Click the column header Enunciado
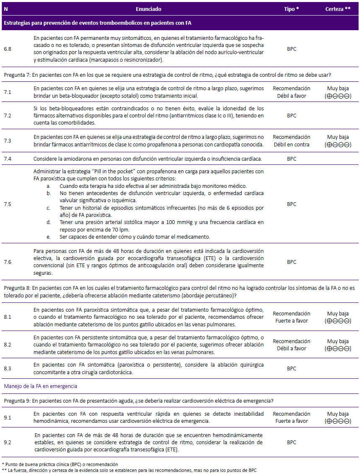[x=149, y=9]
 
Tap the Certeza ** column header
[x=338, y=9]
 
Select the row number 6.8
[x=8, y=49]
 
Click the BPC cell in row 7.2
[x=292, y=115]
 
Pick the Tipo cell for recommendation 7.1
[x=292, y=92]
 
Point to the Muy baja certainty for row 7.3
[x=338, y=137]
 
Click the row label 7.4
[x=8, y=159]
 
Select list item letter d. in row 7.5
[x=49, y=222]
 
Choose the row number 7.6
[x=8, y=262]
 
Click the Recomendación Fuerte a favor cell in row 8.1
[x=292, y=317]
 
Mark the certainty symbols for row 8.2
[x=338, y=349]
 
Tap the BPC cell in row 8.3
[x=292, y=369]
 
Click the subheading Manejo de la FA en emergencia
[x=41, y=386]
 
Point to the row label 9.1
[x=8, y=417]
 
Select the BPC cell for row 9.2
[x=292, y=443]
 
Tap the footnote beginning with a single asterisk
[x=60, y=464]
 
